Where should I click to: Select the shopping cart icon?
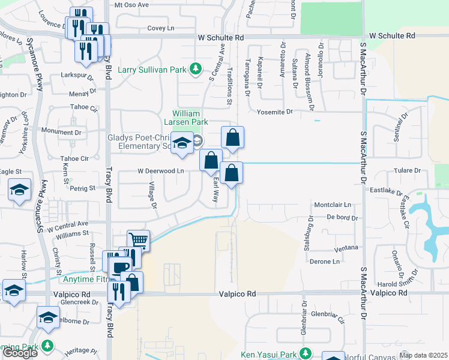click(x=139, y=241)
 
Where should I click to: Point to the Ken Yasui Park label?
click(x=269, y=353)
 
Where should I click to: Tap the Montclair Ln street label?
click(x=332, y=204)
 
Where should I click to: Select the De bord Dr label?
click(x=343, y=218)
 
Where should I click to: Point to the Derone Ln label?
click(x=325, y=262)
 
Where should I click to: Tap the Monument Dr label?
click(x=61, y=131)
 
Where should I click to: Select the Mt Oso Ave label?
click(x=131, y=5)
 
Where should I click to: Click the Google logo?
click(x=20, y=353)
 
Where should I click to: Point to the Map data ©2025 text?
click(x=423, y=355)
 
